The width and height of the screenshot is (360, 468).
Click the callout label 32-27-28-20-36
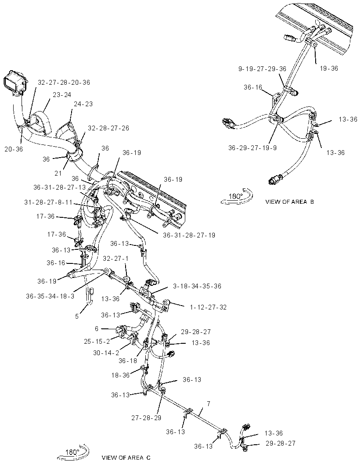coord(64,83)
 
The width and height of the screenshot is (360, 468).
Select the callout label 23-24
coord(62,95)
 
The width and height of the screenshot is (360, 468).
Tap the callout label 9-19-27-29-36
coord(262,69)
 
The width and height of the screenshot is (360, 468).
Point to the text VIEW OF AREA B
coord(290,202)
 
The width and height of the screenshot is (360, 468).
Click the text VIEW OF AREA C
coord(126,457)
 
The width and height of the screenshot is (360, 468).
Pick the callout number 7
coord(209,404)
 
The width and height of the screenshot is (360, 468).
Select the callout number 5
coord(77,317)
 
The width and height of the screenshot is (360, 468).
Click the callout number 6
coord(97,329)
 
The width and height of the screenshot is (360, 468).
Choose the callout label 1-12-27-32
coord(208,307)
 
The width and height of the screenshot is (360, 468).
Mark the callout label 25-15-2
coord(97,341)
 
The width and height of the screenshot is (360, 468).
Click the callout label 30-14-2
coord(106,353)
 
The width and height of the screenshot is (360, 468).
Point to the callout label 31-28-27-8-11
coord(48,202)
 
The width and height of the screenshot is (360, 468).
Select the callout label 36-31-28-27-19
coord(189,235)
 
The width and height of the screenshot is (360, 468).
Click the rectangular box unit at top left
coord(15,81)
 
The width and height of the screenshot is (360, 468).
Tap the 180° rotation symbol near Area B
coord(237,197)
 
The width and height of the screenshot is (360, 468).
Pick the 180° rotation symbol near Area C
coord(72,452)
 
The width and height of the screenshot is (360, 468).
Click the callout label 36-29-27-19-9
coord(252,148)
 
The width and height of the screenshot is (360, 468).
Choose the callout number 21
coord(58,173)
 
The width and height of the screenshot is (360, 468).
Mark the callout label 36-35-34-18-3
coord(50,296)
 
